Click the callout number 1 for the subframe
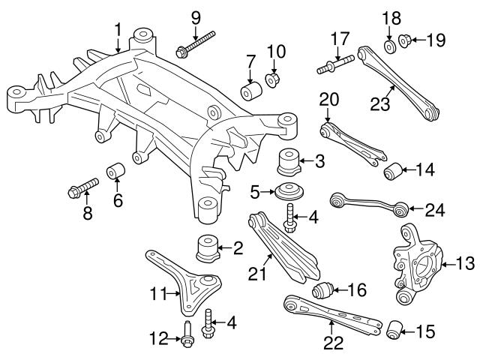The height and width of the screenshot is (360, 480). coord(117,30)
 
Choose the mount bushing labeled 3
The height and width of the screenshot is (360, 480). coord(289,162)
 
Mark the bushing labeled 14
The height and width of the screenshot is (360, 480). coord(393,172)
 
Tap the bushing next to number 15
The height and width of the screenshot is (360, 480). coord(394,328)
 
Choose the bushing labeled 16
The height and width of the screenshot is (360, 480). coord(324,289)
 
